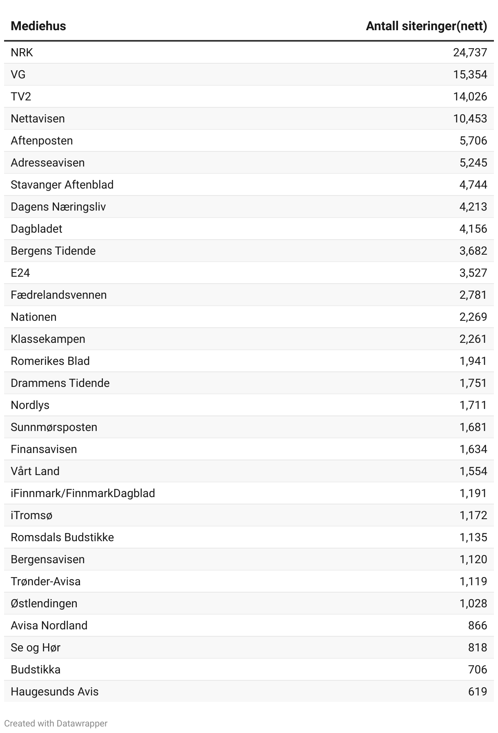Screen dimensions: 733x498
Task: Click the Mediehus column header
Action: (38, 26)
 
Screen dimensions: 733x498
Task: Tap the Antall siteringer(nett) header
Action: (426, 26)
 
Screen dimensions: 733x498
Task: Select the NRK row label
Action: (22, 53)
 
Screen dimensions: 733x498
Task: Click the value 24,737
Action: (470, 53)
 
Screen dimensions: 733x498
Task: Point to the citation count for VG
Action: (470, 75)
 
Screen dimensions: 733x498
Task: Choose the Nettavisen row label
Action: (38, 119)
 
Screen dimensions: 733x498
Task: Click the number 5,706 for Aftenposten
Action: (473, 141)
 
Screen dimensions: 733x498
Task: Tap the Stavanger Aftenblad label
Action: (62, 185)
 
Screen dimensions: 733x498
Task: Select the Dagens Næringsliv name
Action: (58, 207)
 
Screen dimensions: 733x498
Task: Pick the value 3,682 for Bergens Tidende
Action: (473, 251)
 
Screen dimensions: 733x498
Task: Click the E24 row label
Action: (20, 273)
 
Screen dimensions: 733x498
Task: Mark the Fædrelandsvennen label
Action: (58, 295)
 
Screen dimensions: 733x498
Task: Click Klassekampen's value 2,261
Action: (473, 339)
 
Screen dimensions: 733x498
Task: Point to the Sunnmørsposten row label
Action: (54, 427)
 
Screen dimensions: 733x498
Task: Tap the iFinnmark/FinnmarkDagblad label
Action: (82, 493)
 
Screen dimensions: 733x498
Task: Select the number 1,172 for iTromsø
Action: (473, 515)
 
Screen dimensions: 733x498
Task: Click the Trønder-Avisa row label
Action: (45, 582)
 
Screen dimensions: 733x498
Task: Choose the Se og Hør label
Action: (36, 648)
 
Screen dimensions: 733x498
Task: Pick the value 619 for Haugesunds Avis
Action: (478, 692)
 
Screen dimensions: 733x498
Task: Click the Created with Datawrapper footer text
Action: (56, 724)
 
